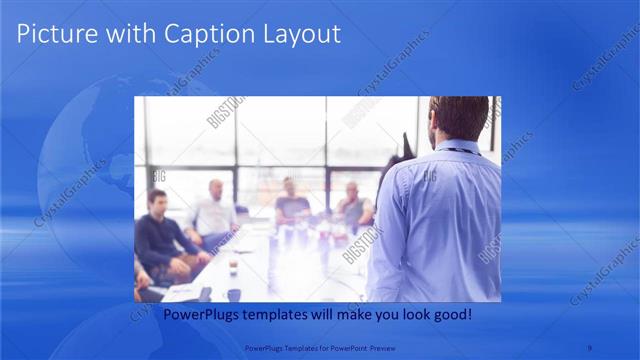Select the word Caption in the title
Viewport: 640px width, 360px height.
(x=189, y=34)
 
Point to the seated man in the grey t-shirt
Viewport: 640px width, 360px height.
(x=291, y=205)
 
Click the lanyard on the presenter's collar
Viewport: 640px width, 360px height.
(x=461, y=150)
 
